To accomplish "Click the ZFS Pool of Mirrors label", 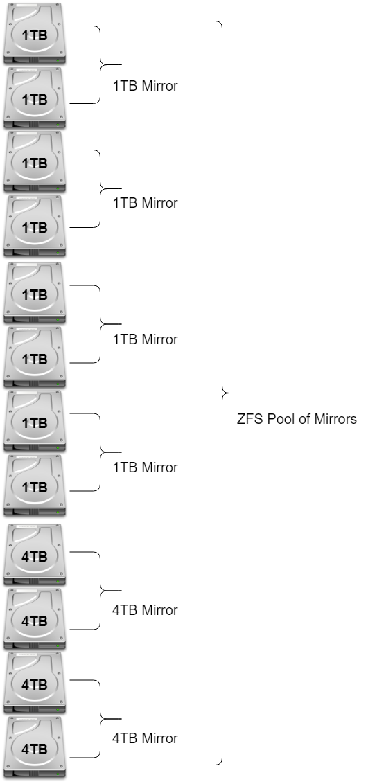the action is [297, 419].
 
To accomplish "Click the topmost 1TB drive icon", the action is [35, 33].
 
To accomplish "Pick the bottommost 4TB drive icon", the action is [35, 747].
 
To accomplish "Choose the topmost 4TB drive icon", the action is [35, 555].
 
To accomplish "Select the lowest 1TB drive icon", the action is [35, 485].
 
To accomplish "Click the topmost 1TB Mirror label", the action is [145, 86].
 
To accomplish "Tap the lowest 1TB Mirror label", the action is [145, 467].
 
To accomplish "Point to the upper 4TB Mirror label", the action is [145, 610].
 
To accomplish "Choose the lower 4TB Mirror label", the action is [145, 738].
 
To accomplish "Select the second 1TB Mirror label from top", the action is [145, 203].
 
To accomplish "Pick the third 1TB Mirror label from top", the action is [145, 339].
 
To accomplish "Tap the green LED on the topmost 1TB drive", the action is [58, 60].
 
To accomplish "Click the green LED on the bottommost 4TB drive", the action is [58, 774].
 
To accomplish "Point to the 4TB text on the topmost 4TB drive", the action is [35, 557].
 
